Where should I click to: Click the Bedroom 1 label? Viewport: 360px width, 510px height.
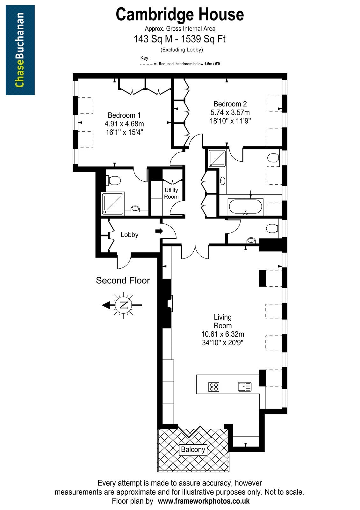(124, 115)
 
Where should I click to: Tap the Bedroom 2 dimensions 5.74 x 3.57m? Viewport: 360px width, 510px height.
(230, 113)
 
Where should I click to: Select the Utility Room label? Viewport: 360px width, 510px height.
(171, 193)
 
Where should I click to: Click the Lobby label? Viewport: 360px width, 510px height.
(129, 235)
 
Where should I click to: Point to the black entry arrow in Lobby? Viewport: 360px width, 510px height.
(159, 231)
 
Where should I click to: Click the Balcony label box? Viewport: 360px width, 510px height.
(193, 449)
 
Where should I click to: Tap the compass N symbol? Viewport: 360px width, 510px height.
(124, 305)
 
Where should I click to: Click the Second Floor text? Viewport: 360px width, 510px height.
(123, 280)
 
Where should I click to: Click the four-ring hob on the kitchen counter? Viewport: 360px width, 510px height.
(214, 387)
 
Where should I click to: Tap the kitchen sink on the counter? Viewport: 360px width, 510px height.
(245, 387)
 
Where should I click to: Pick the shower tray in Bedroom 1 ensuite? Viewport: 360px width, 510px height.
(113, 203)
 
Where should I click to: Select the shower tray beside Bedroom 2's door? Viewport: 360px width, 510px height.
(217, 158)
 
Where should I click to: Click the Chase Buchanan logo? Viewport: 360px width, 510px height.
(20, 50)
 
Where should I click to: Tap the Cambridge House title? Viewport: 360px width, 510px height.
(180, 14)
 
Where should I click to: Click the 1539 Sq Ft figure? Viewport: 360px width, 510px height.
(203, 39)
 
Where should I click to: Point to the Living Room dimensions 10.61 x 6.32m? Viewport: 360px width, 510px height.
(223, 334)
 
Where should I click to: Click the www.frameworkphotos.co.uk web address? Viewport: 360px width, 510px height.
(204, 501)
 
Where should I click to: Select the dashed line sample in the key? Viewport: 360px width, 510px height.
(147, 64)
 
